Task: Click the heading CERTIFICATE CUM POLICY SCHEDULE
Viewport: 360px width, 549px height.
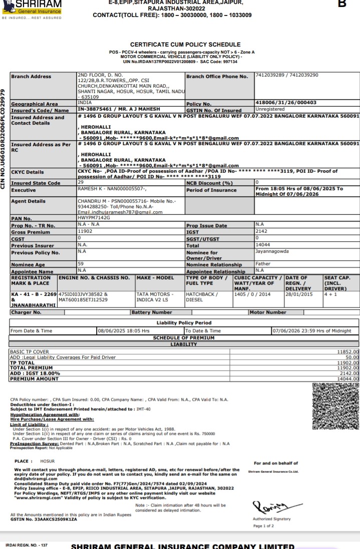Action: (185, 45)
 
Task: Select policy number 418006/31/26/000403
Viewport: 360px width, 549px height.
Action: (285, 103)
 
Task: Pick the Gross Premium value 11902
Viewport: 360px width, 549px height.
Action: (85, 232)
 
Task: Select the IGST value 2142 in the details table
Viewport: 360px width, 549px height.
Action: (262, 232)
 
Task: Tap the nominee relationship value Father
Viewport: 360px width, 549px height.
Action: (262, 264)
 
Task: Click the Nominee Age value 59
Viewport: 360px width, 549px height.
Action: (81, 264)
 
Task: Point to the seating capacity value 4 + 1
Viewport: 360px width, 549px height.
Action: (330, 294)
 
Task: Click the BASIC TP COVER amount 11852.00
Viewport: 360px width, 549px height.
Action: (348, 352)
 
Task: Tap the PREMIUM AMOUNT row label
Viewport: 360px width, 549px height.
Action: (35, 379)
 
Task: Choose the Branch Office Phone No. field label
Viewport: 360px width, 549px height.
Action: (217, 77)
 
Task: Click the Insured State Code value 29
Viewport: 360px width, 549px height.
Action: (81, 183)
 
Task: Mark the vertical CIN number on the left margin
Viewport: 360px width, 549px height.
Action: (5, 139)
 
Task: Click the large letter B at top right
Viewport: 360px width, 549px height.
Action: (342, 4)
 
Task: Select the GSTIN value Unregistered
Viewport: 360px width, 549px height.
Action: (270, 109)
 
